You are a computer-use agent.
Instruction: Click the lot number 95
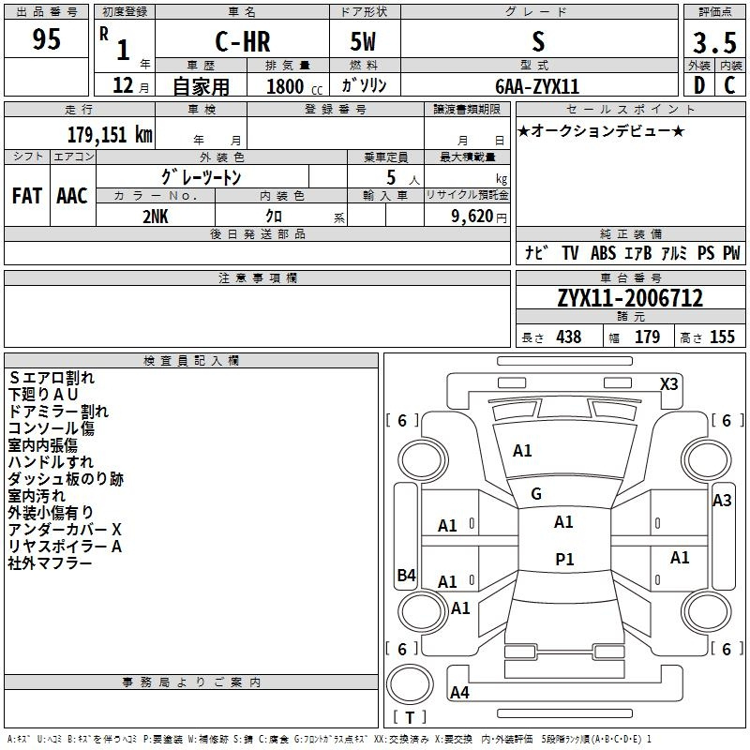(46, 39)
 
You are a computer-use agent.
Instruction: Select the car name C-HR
(243, 41)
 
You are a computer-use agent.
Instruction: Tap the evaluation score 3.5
(714, 42)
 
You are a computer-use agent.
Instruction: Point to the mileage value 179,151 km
(110, 134)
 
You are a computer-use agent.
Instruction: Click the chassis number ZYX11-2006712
(630, 298)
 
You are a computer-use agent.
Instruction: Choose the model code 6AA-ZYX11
(537, 86)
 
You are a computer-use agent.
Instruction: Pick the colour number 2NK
(156, 217)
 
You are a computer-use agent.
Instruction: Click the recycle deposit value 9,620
(472, 217)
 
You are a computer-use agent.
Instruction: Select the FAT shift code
(27, 196)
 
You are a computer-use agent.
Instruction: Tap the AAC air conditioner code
(72, 196)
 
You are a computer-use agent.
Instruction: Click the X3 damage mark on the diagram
(668, 384)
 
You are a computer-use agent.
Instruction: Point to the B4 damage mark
(406, 575)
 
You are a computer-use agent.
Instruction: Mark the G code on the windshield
(536, 494)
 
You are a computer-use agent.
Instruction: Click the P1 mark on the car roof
(564, 559)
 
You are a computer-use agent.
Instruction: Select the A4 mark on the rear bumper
(459, 692)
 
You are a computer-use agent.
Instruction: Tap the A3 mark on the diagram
(722, 501)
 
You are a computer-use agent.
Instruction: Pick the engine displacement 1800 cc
(294, 86)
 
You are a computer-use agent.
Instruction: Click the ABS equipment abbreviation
(603, 252)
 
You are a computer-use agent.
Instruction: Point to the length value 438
(569, 337)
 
